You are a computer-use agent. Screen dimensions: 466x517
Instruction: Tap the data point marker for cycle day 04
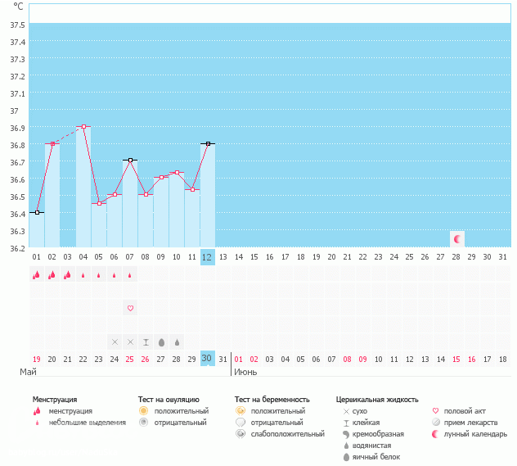click(x=83, y=127)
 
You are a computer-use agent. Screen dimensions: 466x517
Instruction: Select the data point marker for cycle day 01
click(x=37, y=212)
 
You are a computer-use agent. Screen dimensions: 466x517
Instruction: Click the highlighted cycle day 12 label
click(x=207, y=256)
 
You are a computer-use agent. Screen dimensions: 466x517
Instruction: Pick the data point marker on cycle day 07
click(x=130, y=160)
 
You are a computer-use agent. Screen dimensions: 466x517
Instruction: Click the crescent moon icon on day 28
click(x=457, y=238)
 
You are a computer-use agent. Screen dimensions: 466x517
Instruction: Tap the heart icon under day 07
click(x=130, y=308)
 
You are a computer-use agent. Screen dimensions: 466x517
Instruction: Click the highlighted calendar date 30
click(x=207, y=359)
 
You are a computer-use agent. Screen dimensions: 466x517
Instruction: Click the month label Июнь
click(x=247, y=372)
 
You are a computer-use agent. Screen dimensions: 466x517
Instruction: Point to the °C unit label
click(x=18, y=6)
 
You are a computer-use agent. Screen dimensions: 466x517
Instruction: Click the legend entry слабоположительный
click(x=287, y=434)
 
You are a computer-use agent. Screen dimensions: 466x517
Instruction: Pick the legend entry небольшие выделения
click(x=87, y=423)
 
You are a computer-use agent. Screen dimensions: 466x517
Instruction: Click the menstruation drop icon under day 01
click(x=37, y=275)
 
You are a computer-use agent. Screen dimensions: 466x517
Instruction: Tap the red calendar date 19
click(x=37, y=359)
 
